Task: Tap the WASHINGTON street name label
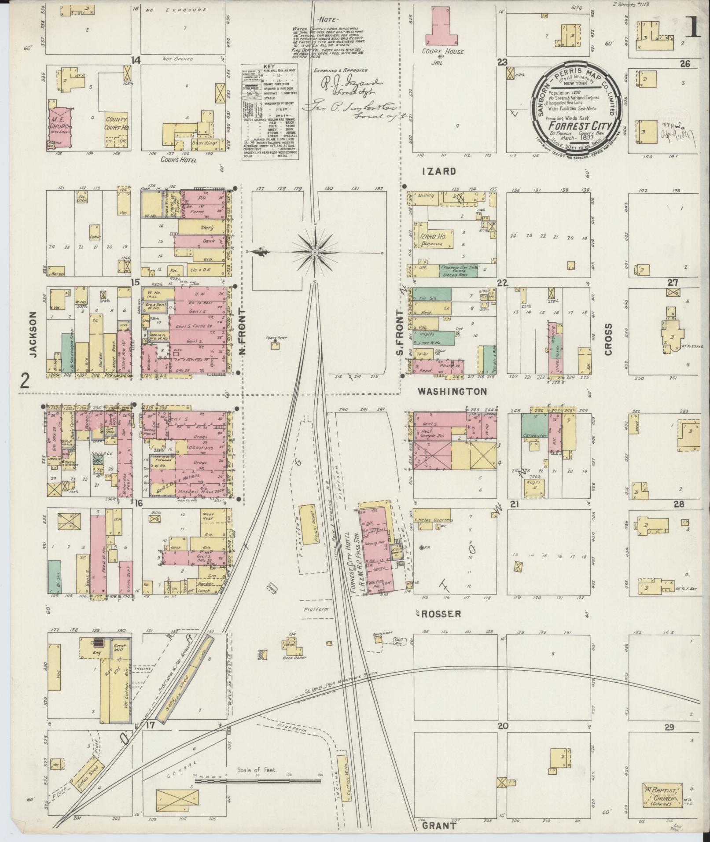tap(452, 391)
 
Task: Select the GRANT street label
tap(439, 826)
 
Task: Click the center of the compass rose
tap(315, 252)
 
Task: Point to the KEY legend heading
tap(269, 66)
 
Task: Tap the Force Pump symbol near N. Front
tap(276, 342)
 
